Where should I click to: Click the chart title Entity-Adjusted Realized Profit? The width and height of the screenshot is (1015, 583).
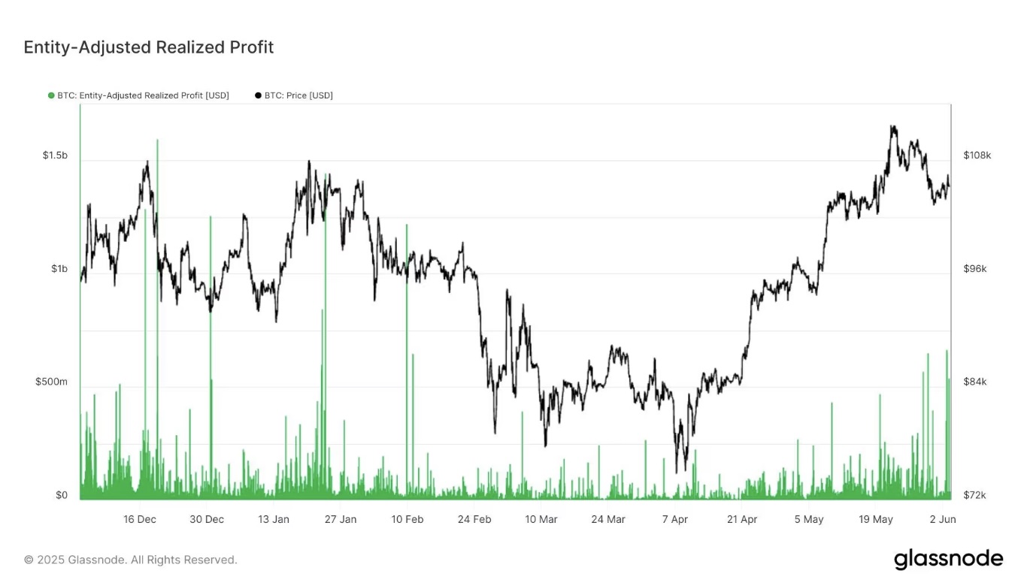pyautogui.click(x=149, y=47)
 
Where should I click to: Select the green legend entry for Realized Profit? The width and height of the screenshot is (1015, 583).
pyautogui.click(x=138, y=95)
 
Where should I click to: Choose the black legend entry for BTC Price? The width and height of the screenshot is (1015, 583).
pyautogui.click(x=294, y=95)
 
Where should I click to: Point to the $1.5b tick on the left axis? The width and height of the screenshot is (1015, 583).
pyautogui.click(x=55, y=156)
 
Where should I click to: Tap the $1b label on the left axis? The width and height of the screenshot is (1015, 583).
pyautogui.click(x=59, y=269)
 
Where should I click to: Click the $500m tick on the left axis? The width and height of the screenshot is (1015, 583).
pyautogui.click(x=51, y=382)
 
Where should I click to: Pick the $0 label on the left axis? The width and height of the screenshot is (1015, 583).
pyautogui.click(x=62, y=495)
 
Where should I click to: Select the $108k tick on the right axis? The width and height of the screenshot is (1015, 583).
pyautogui.click(x=977, y=156)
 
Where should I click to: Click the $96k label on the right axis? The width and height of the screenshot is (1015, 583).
pyautogui.click(x=976, y=269)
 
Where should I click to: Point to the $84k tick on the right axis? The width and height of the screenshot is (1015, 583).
pyautogui.click(x=976, y=382)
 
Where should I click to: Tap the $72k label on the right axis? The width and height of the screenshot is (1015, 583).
pyautogui.click(x=975, y=495)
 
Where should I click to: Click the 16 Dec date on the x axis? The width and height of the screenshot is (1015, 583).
pyautogui.click(x=140, y=519)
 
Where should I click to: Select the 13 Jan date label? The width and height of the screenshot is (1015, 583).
pyautogui.click(x=274, y=519)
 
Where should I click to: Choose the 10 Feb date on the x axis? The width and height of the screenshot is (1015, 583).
pyautogui.click(x=408, y=519)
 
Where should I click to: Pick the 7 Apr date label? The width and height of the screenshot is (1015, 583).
pyautogui.click(x=675, y=519)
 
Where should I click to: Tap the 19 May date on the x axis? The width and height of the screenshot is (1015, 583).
pyautogui.click(x=876, y=519)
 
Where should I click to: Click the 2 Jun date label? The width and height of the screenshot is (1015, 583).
pyautogui.click(x=943, y=519)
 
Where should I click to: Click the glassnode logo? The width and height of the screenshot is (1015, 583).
pyautogui.click(x=948, y=559)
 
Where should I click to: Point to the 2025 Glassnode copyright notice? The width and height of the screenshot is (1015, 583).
pyautogui.click(x=131, y=560)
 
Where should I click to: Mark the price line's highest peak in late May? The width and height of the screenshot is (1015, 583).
pyautogui.click(x=892, y=126)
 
